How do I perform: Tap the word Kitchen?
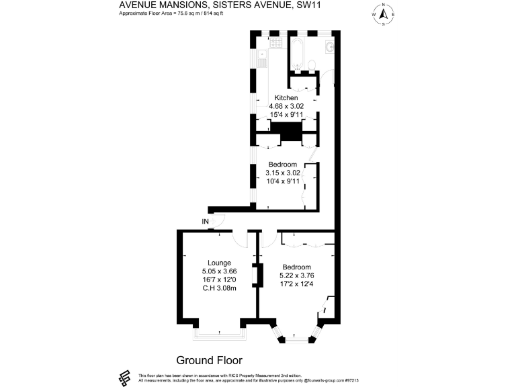tap(286, 98)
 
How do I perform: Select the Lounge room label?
tap(219, 263)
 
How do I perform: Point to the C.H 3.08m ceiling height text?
tap(219, 289)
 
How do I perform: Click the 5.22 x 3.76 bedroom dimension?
tap(296, 275)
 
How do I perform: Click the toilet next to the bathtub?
tap(310, 64)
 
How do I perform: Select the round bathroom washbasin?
tap(329, 46)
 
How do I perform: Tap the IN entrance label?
tap(205, 222)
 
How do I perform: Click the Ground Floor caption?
tap(209, 360)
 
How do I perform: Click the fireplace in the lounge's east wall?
tap(255, 275)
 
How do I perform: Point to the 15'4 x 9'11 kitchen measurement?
tap(286, 115)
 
